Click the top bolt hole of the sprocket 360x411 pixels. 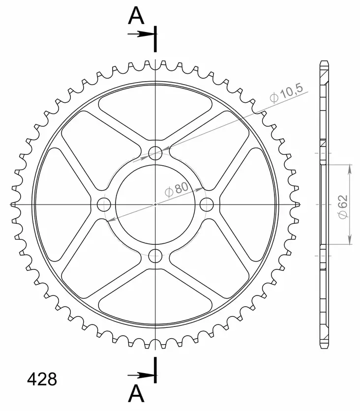155,153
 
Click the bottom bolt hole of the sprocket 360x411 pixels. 155,256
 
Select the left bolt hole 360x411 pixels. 104,205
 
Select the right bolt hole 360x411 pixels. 207,205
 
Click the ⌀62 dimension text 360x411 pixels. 343,207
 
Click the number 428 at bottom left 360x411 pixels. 42,379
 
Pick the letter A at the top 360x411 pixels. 136,16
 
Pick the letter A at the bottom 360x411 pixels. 136,393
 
